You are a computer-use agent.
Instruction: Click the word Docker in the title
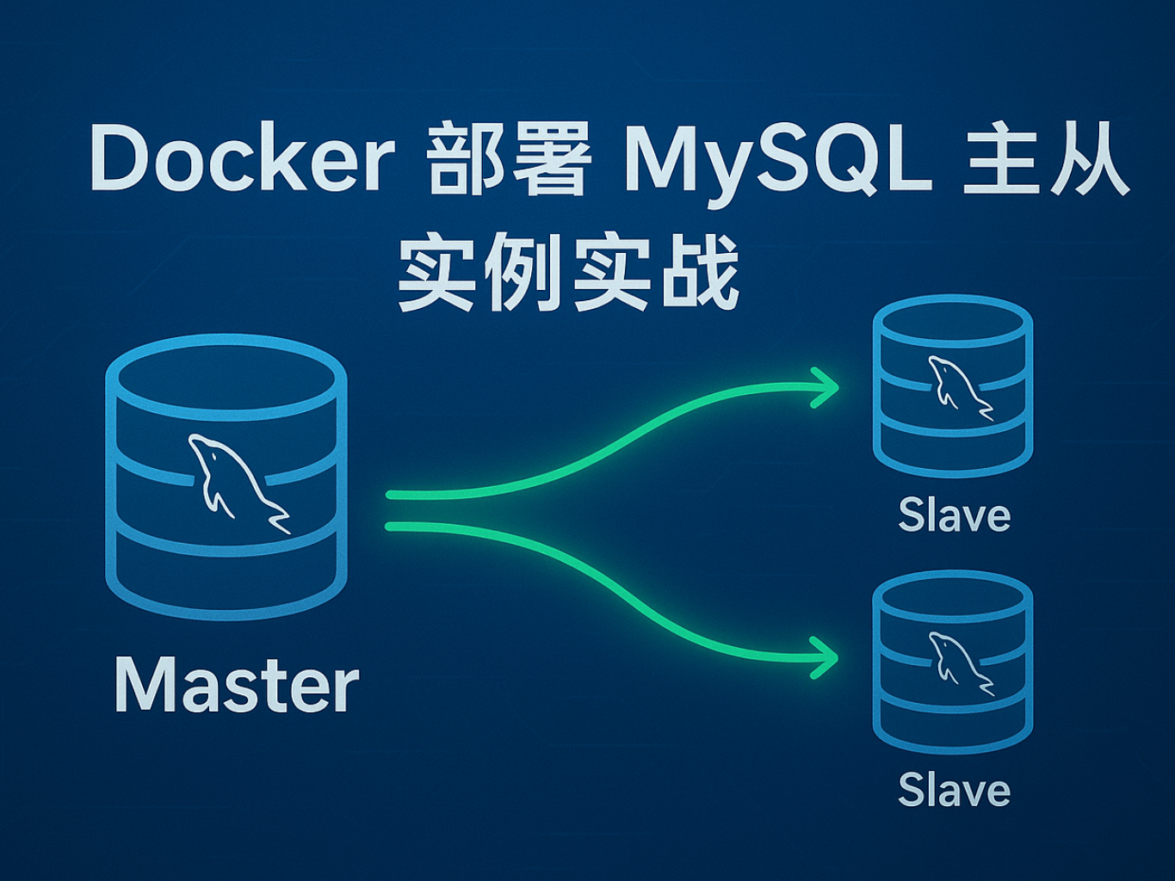(242, 160)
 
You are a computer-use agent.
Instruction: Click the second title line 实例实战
(568, 273)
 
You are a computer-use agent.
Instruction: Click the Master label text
(237, 686)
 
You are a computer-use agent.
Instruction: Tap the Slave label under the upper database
(954, 516)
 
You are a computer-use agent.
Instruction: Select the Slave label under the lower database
(954, 791)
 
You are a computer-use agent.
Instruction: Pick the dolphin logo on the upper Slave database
(958, 386)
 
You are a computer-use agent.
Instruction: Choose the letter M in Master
(141, 686)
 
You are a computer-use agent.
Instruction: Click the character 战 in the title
(700, 273)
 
